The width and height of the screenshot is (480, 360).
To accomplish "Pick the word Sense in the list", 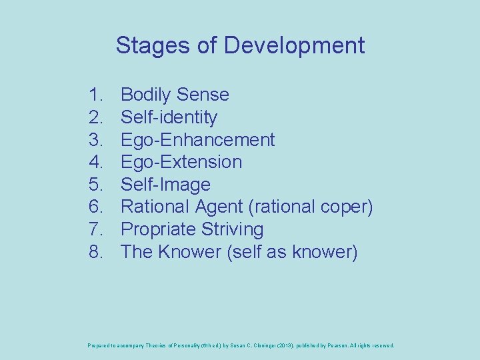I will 205,95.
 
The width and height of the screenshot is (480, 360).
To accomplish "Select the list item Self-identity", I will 169,117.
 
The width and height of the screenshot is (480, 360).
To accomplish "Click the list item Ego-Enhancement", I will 197,139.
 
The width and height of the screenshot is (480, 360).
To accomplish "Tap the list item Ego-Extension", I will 181,162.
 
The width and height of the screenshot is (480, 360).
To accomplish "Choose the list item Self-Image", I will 165,185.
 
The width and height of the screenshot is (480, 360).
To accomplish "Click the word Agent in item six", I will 218,207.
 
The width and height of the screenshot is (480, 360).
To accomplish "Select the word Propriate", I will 157,229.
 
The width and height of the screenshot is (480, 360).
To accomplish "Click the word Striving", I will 232,229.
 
